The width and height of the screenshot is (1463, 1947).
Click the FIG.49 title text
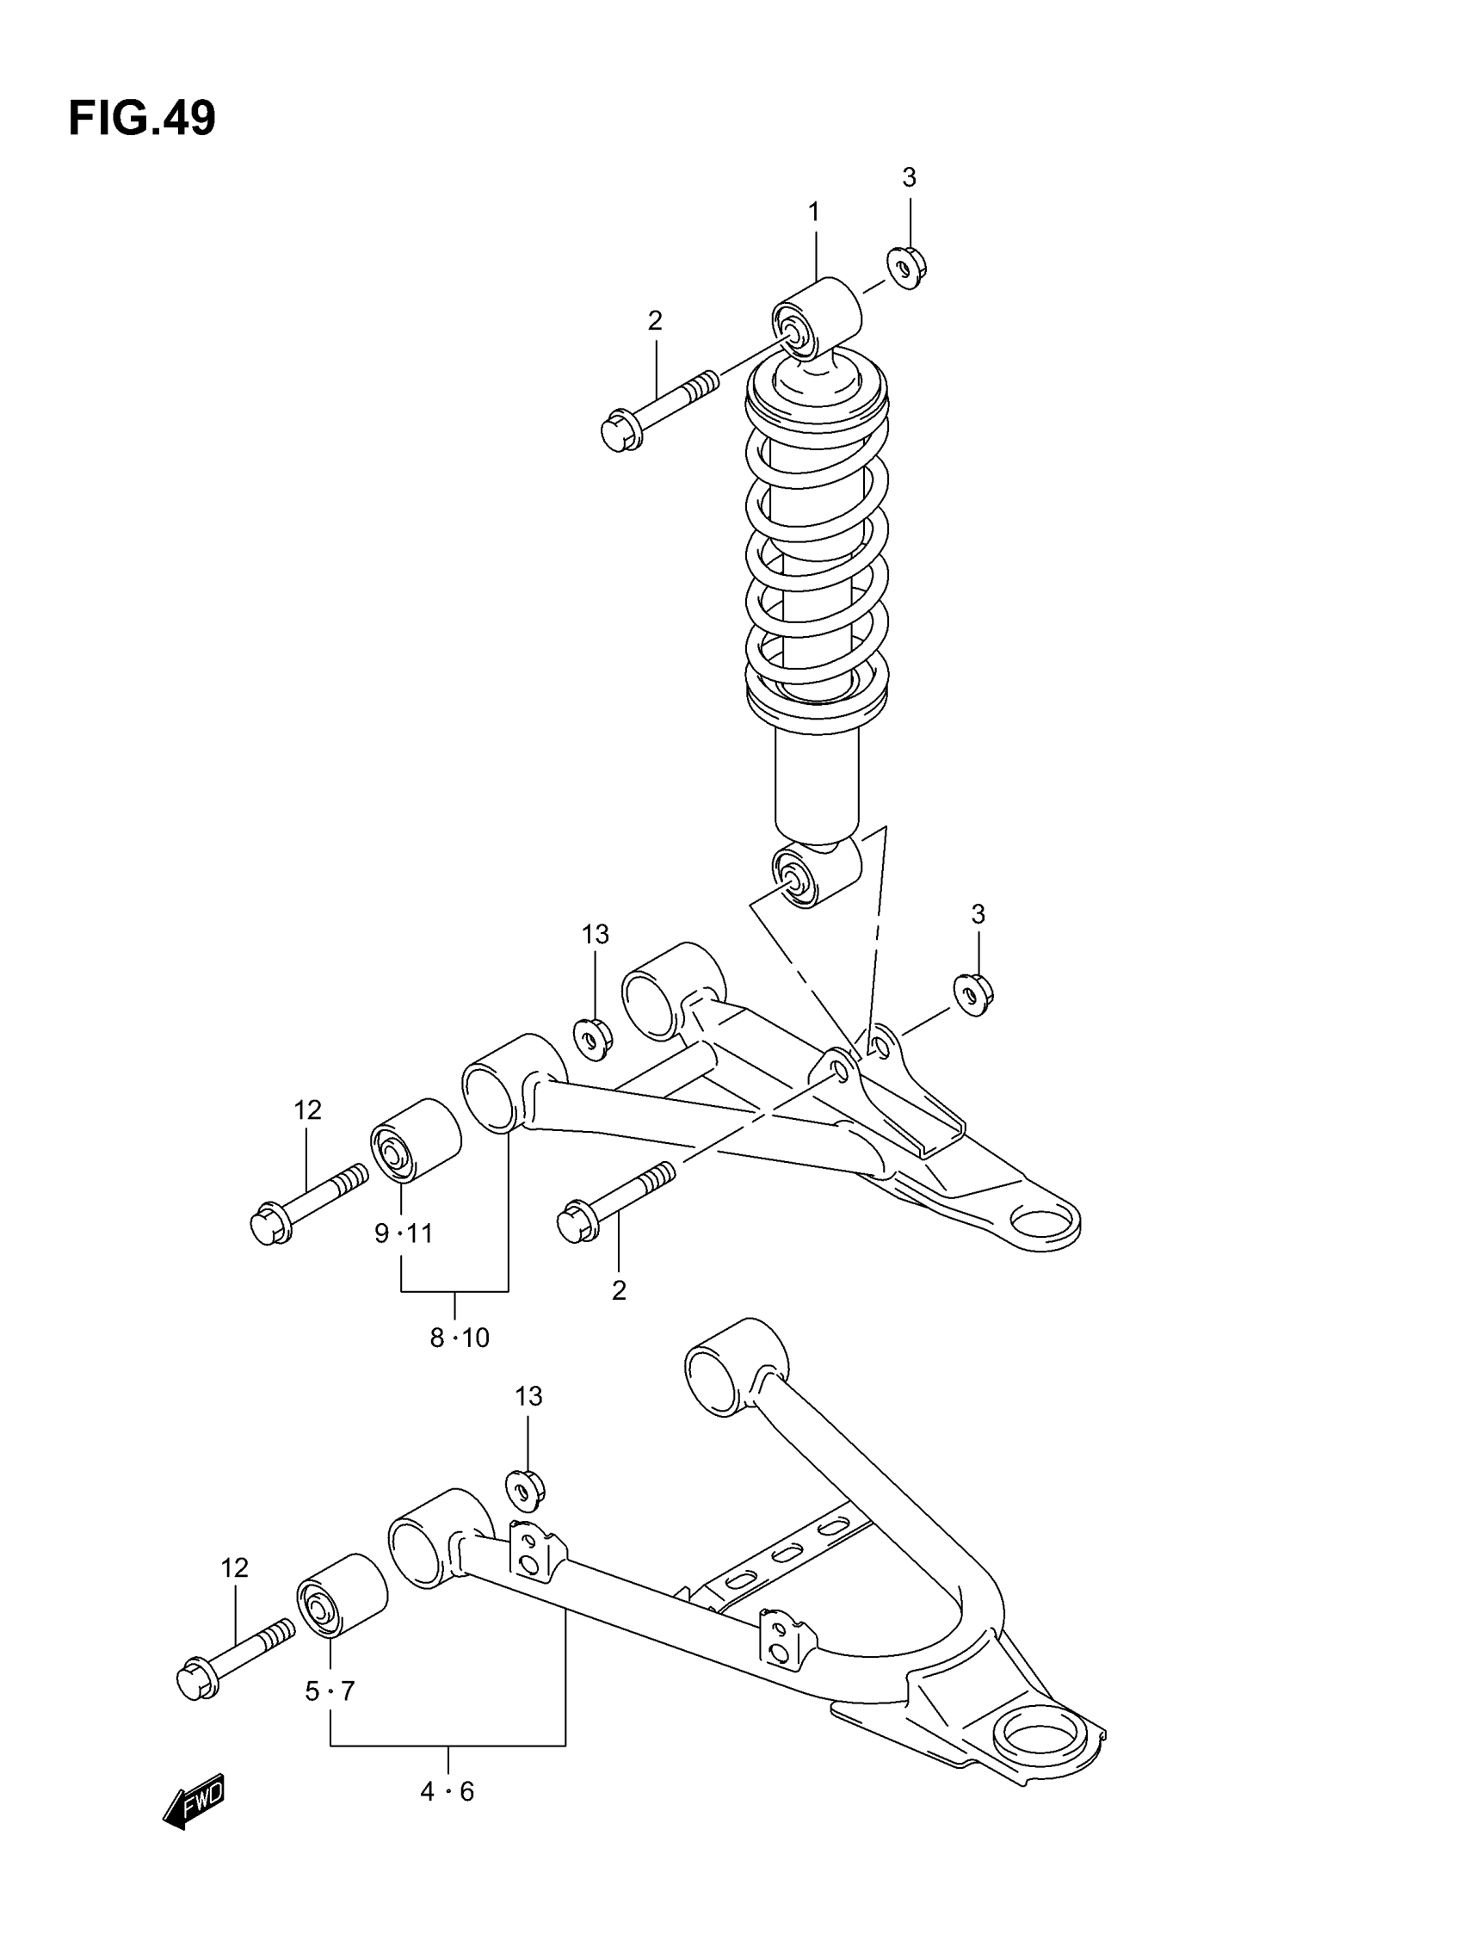pos(142,118)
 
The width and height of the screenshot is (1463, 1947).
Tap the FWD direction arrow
pos(194,1799)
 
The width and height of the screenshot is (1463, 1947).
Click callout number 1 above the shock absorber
pos(814,212)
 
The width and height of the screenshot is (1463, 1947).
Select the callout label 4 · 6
pos(448,1791)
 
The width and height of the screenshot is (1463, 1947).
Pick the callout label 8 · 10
pos(459,1338)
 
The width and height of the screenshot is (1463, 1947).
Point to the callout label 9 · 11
pos(403,1234)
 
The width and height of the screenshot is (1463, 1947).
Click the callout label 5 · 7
pos(330,1690)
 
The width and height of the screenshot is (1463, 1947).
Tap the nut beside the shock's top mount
pos(908,268)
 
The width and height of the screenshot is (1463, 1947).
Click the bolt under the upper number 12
pos(308,1202)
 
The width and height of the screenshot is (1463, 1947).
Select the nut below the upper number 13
pos(593,1039)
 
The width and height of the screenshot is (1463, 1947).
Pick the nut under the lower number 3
pos(973,994)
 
